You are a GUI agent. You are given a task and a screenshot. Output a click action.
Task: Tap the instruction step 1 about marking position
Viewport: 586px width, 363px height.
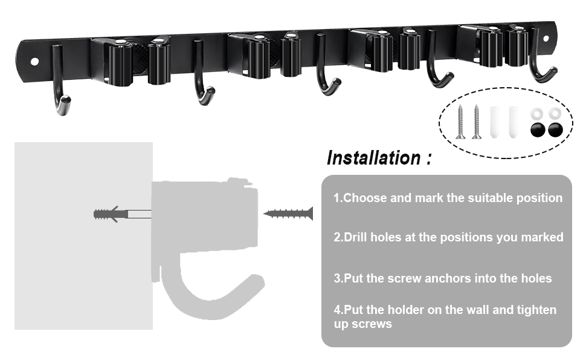click(448, 198)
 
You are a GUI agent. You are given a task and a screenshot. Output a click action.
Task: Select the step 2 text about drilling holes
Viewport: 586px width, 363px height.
click(448, 237)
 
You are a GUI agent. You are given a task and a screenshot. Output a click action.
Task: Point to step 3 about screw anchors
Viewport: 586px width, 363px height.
click(443, 278)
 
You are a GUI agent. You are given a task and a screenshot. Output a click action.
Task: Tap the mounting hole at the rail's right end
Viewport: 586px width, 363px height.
click(546, 38)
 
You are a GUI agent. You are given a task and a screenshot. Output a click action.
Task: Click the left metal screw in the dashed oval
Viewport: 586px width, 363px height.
click(460, 122)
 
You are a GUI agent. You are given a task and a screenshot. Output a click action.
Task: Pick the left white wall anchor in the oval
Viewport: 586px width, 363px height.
click(495, 122)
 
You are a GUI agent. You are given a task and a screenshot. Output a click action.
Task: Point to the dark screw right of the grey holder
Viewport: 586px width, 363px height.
click(288, 213)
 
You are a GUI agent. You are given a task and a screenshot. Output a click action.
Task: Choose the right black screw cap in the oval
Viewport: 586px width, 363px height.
click(552, 129)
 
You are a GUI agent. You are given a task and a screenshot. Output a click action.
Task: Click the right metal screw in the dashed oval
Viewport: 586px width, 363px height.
click(476, 122)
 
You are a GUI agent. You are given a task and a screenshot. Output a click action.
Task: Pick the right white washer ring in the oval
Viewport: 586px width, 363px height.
click(553, 113)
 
